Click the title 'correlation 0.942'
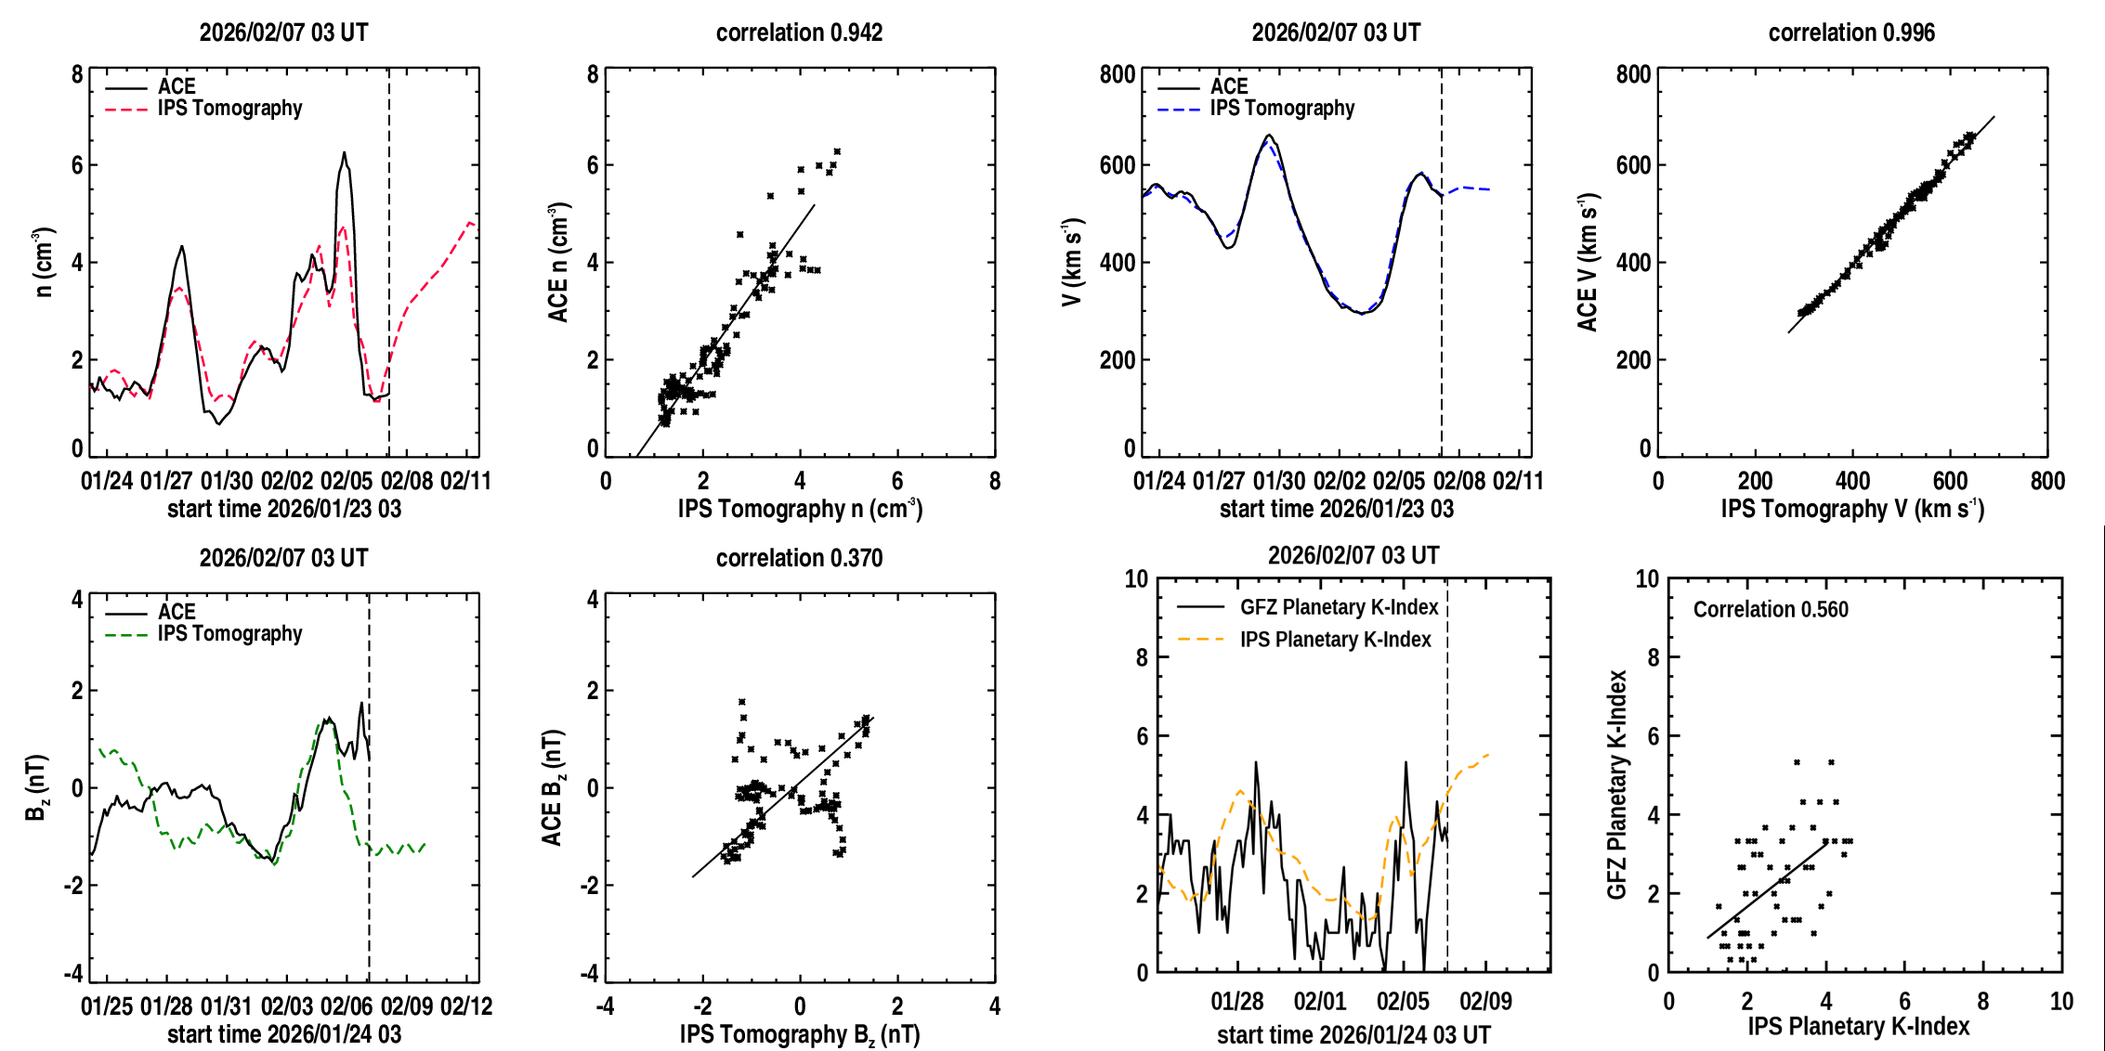799,33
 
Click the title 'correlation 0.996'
1850,33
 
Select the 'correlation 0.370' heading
799,559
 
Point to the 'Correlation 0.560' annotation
1770,610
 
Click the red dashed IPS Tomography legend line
126,110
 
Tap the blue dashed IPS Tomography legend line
1179,110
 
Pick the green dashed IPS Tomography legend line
126,635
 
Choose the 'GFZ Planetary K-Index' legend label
1339,608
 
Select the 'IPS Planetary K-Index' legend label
1335,641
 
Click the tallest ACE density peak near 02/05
344,153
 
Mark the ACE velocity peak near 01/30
1269,136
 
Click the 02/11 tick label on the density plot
465,482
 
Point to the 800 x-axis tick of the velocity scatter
2047,482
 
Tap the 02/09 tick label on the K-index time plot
1485,1002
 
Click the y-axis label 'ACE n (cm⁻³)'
558,263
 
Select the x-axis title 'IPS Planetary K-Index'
1858,1027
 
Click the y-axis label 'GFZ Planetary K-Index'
1617,785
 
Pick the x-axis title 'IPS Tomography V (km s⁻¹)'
1851,510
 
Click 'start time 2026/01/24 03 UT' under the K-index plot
1353,1035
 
